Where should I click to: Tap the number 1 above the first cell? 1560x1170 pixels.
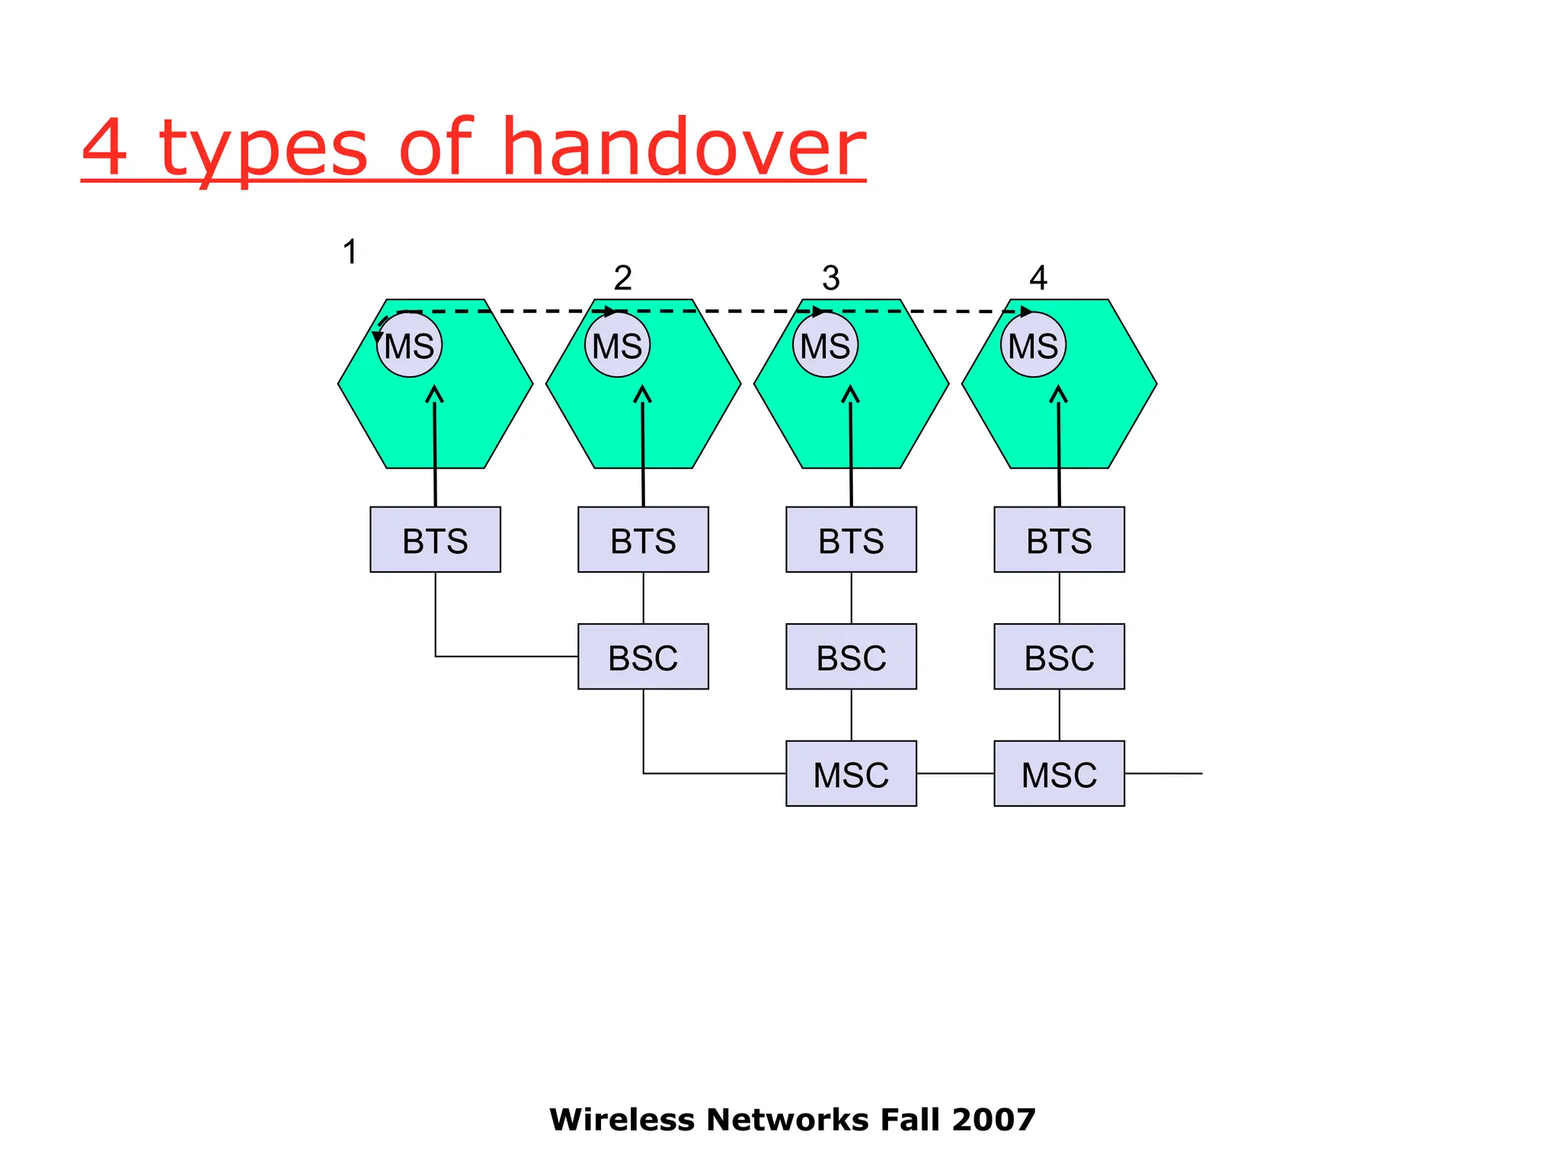coord(350,252)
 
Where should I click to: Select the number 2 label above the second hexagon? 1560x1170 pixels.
coord(622,278)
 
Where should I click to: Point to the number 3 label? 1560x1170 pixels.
coord(830,278)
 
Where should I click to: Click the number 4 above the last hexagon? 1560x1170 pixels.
coord(1038,278)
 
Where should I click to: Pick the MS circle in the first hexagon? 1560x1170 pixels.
coord(410,346)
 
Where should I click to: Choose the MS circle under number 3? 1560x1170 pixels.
coord(825,346)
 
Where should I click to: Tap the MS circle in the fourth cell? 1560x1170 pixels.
coord(1033,346)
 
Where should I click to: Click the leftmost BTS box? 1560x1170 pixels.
coord(435,540)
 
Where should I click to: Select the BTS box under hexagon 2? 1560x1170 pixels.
coord(643,540)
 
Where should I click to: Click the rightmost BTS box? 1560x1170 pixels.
coord(1059,540)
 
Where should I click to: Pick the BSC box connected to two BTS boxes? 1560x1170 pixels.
coord(643,657)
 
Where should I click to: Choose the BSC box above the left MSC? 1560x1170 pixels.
coord(851,657)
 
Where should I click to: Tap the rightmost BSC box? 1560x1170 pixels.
coord(1059,657)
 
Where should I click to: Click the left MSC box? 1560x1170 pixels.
coord(851,774)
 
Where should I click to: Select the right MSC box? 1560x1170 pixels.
coord(1059,774)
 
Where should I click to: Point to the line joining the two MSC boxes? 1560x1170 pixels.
coord(955,774)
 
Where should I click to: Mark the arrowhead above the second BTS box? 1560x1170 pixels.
coord(642,394)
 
